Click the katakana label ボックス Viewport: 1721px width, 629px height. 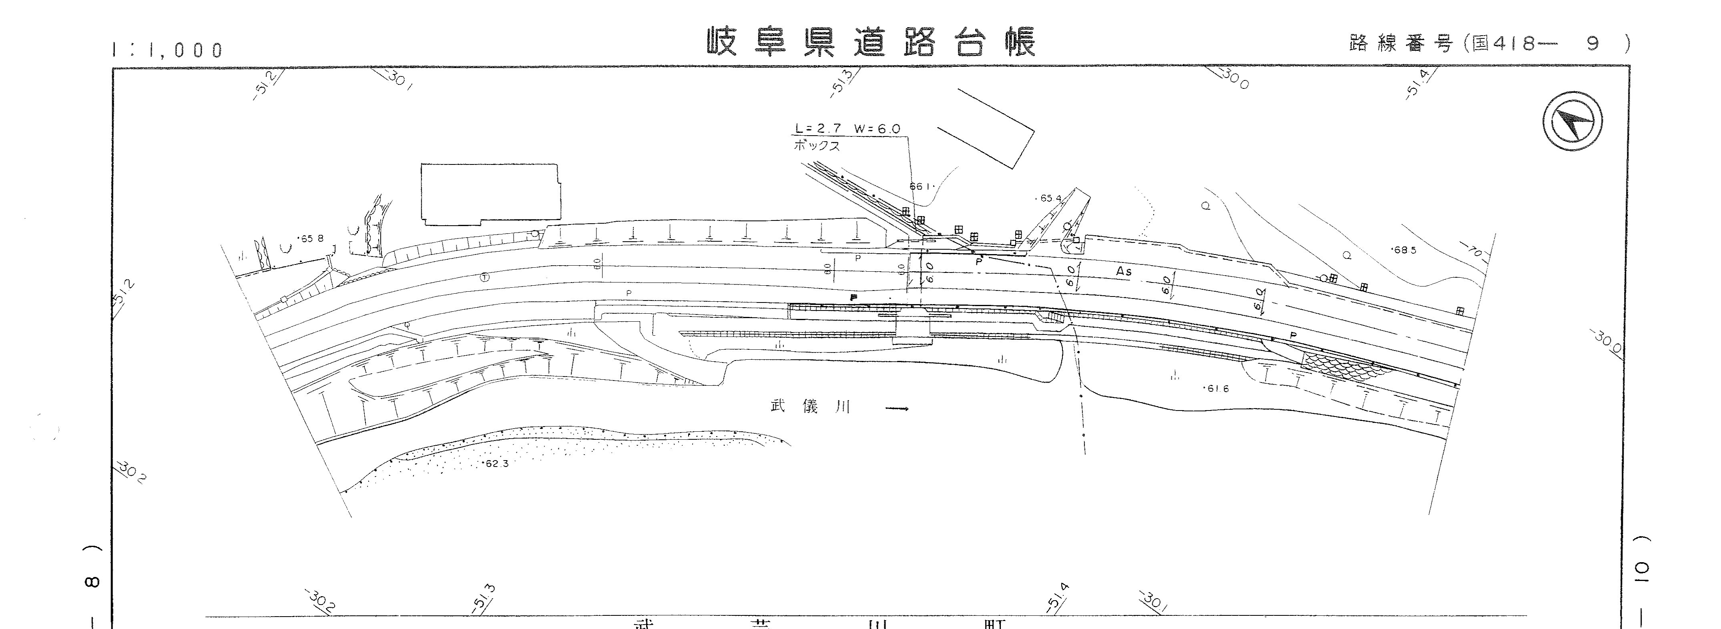coord(816,146)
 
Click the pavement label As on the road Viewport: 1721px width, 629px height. coord(1124,272)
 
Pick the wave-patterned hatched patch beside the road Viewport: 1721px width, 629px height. coord(1343,366)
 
